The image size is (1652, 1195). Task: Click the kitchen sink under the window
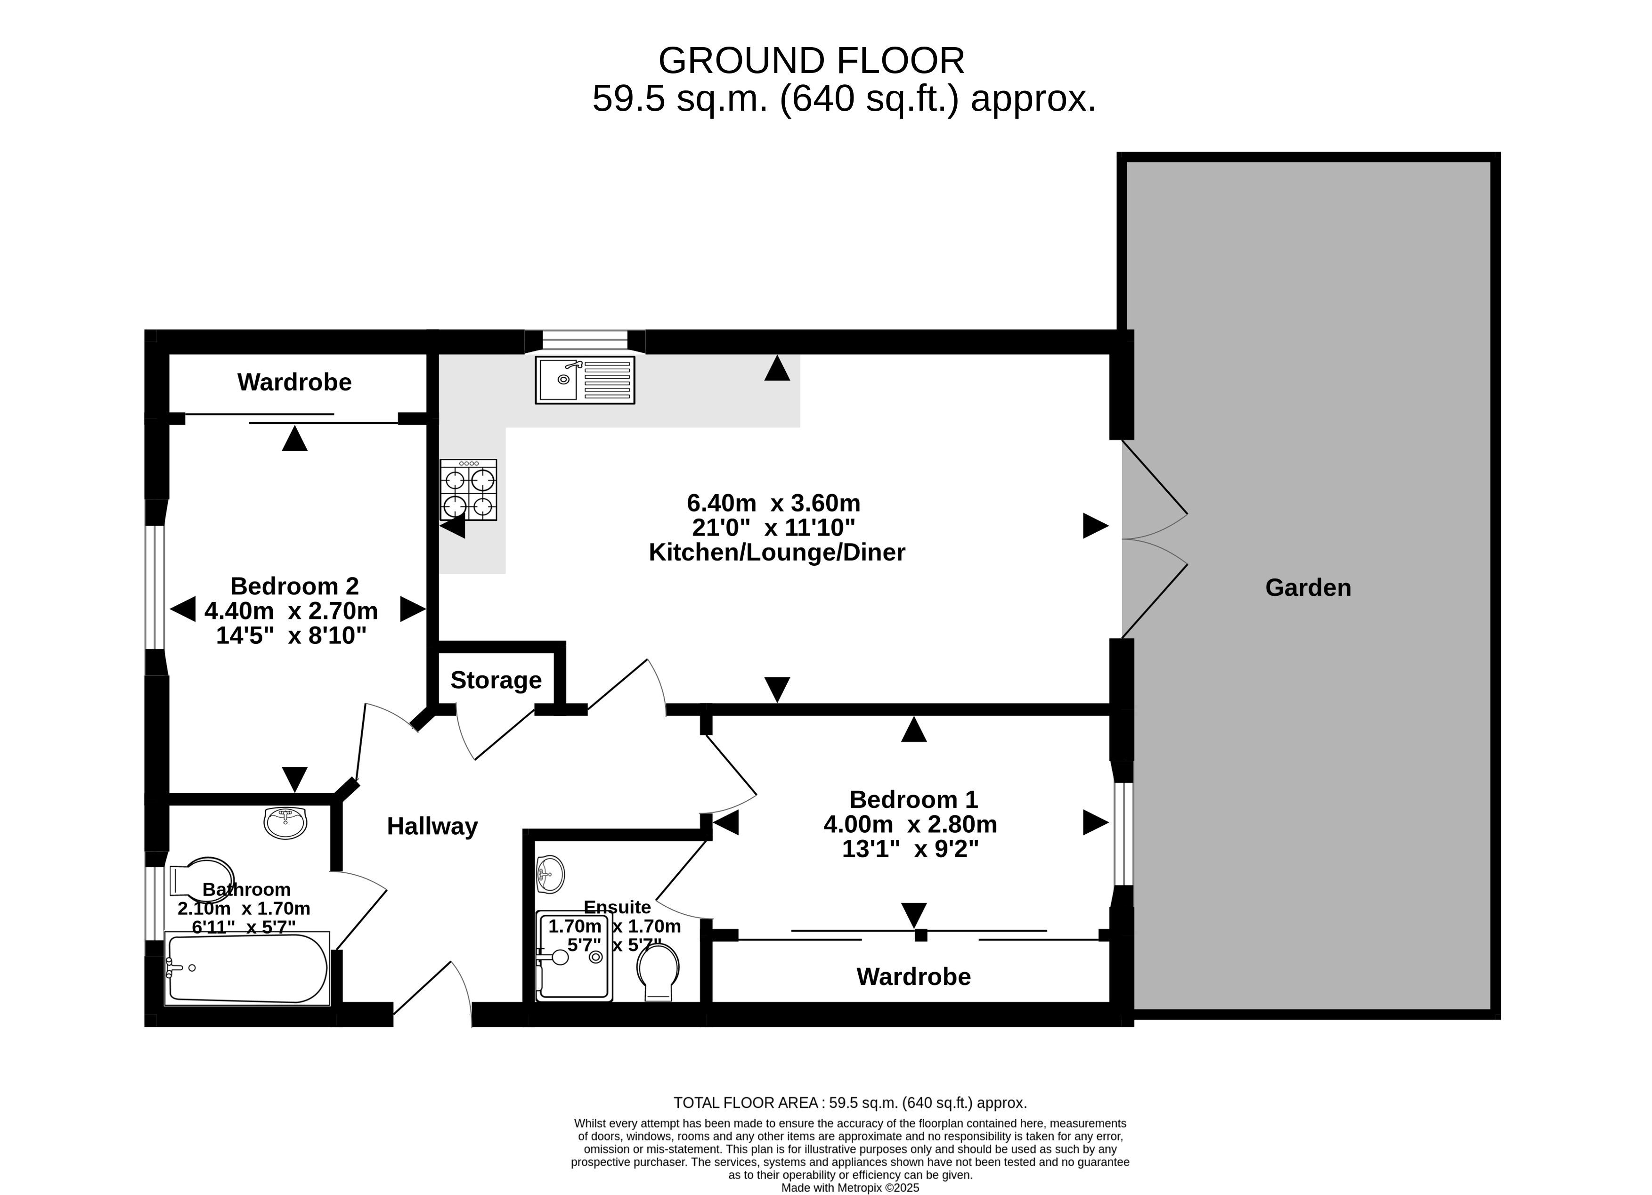(585, 380)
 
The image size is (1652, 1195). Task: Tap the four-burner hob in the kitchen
(468, 490)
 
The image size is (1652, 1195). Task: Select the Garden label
(1308, 588)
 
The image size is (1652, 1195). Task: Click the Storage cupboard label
(496, 680)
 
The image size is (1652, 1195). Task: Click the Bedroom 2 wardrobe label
(294, 382)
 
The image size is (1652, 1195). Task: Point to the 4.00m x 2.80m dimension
(911, 824)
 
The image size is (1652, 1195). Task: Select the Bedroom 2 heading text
(294, 586)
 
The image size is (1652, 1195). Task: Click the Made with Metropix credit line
(850, 1188)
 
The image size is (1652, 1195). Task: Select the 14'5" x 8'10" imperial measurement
(292, 636)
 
